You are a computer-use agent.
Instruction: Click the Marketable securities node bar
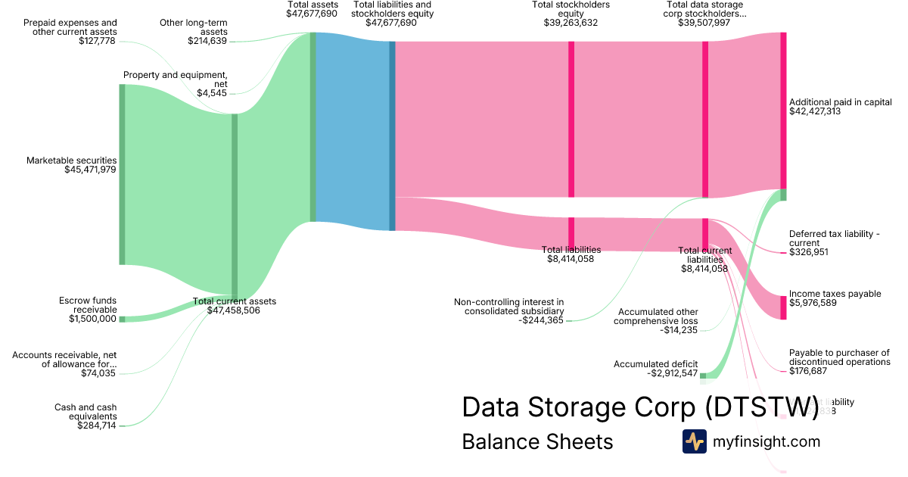click(122, 174)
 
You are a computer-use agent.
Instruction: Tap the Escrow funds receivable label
click(88, 305)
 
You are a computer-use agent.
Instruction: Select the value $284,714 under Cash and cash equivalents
click(97, 426)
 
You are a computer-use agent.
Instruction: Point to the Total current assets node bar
click(235, 204)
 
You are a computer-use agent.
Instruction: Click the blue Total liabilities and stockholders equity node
click(392, 136)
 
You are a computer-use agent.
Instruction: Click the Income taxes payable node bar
click(783, 307)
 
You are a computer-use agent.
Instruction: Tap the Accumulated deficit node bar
click(702, 376)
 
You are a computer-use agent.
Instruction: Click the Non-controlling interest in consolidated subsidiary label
click(508, 307)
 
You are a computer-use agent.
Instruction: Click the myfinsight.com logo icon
click(694, 441)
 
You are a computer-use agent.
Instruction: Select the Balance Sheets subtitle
click(537, 442)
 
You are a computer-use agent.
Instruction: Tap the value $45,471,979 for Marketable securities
click(90, 170)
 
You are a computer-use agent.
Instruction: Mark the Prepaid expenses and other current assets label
click(70, 27)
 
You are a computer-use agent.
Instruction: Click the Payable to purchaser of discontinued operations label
click(839, 357)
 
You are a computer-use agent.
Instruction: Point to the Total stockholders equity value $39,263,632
click(571, 23)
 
